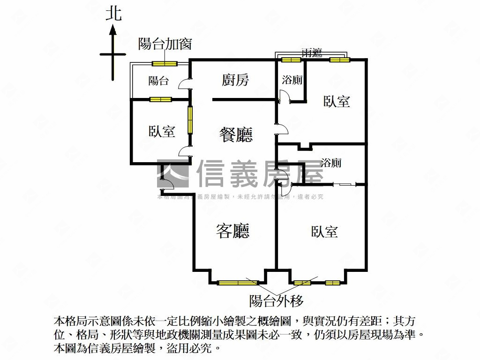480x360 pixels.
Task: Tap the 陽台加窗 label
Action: [x=165, y=44]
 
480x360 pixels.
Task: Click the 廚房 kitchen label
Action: [x=235, y=80]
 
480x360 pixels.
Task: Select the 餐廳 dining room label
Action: [x=236, y=135]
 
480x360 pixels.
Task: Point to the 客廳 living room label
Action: [x=232, y=231]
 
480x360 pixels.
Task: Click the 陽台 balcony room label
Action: [x=158, y=81]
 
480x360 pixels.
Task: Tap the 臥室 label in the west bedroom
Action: [x=162, y=132]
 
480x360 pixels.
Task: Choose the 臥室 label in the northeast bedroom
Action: [x=337, y=101]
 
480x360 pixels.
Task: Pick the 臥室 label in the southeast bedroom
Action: [x=324, y=232]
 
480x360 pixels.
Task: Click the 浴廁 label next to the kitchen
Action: [x=292, y=80]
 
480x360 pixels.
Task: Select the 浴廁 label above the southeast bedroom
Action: [x=331, y=163]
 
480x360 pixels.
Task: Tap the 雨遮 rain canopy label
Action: [x=312, y=53]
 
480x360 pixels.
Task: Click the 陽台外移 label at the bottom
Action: [x=277, y=300]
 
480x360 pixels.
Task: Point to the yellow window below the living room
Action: [x=238, y=282]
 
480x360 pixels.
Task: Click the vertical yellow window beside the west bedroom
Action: [x=190, y=120]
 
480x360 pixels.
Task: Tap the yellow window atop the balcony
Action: [x=164, y=64]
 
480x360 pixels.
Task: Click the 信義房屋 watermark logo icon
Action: [x=173, y=174]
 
